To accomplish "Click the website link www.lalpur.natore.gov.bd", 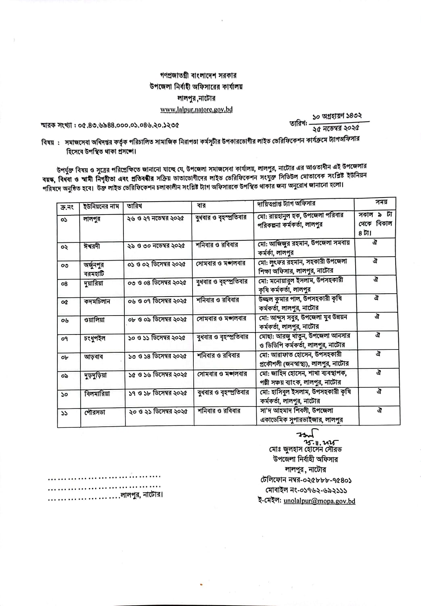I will (196, 109).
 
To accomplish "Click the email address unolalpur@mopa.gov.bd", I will (319, 501).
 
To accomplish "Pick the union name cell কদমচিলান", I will (97, 301).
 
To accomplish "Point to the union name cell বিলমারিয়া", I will (97, 393).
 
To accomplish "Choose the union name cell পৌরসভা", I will (94, 412).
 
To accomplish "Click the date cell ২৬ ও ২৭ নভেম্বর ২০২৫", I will (155, 218).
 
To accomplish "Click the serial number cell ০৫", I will (65, 302).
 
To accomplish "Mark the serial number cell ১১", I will (65, 412).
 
